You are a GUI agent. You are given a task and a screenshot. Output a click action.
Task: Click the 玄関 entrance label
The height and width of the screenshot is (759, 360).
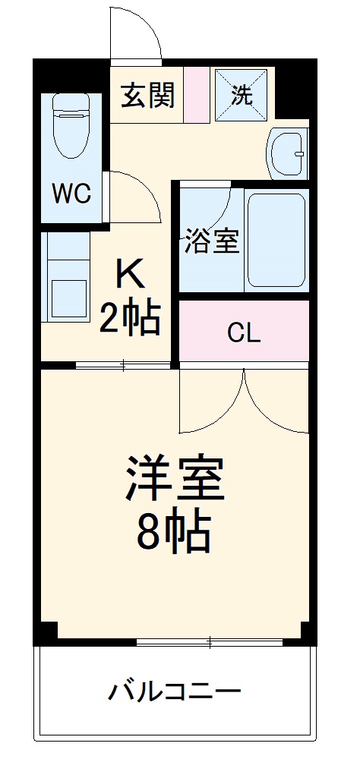[x=148, y=96]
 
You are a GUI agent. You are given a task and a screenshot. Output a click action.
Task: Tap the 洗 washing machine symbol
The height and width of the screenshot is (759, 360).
[x=242, y=96]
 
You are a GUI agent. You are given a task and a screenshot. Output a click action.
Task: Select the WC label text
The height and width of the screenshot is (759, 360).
[x=71, y=194]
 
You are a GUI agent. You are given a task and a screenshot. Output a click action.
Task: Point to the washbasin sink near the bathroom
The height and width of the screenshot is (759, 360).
[x=289, y=153]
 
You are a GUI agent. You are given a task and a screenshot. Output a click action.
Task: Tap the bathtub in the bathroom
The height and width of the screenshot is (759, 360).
[x=276, y=239]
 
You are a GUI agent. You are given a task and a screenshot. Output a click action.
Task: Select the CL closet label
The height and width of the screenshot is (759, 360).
[x=243, y=332]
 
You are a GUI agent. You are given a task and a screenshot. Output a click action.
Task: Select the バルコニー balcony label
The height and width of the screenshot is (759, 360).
[x=175, y=691]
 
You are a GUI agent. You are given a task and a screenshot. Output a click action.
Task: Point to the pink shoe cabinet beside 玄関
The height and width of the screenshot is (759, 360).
[x=196, y=96]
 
